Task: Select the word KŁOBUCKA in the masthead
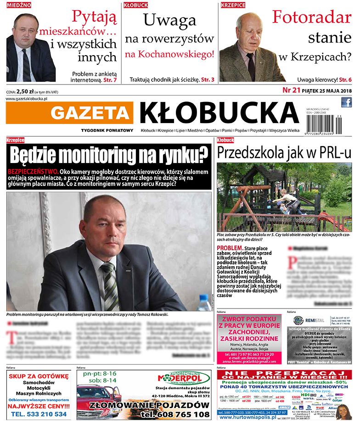219,112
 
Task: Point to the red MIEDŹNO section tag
18,5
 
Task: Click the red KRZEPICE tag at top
233,5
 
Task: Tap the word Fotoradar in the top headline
311,17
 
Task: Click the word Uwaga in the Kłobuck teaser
169,20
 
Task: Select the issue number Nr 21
290,90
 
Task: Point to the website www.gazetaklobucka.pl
28,99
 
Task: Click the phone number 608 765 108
176,414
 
